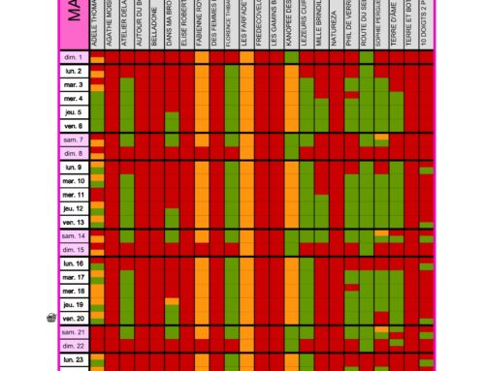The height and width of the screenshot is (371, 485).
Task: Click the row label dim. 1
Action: (x=74, y=58)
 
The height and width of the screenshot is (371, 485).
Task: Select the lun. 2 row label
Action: (x=74, y=72)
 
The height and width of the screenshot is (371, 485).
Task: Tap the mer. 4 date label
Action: (x=74, y=99)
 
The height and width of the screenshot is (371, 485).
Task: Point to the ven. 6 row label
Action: (x=74, y=126)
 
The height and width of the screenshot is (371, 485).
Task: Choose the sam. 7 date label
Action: (x=74, y=140)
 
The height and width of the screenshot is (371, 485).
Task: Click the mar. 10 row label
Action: (x=74, y=181)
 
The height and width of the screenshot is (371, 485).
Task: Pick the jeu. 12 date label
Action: (x=74, y=208)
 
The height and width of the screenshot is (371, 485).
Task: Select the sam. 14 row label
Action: (x=74, y=236)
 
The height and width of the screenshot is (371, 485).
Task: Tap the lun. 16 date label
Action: (x=74, y=263)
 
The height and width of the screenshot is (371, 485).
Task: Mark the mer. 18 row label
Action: (x=74, y=291)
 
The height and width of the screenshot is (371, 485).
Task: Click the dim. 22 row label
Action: (x=74, y=346)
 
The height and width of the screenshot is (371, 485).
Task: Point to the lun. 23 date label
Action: (x=74, y=359)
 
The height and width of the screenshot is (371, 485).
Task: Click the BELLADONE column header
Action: (x=155, y=24)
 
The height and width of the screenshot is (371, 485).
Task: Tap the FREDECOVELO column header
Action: (x=261, y=24)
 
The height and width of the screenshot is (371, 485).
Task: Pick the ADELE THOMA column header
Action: (x=96, y=24)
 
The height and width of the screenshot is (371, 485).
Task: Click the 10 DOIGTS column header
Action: (x=427, y=24)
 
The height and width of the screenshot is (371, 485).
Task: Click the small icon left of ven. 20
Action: (x=51, y=318)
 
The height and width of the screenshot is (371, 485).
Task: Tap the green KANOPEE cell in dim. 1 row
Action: (x=291, y=58)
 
